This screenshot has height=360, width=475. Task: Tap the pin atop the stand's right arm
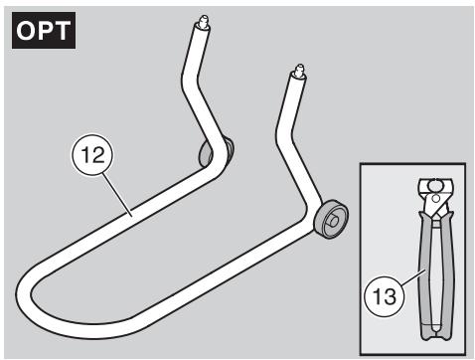(296, 71)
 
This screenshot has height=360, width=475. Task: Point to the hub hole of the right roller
(336, 217)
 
